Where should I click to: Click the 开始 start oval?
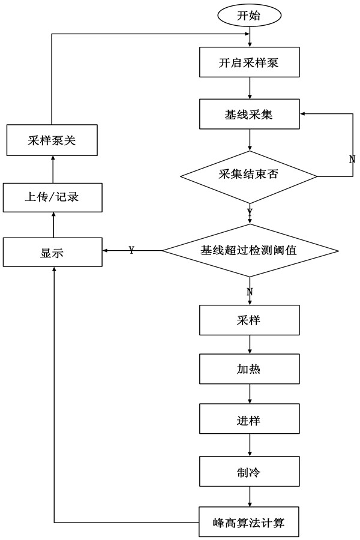[249, 15]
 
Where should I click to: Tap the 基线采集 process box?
[249, 114]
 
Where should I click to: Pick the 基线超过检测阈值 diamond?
[249, 251]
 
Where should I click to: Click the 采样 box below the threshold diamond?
[249, 320]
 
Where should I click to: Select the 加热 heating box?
[249, 370]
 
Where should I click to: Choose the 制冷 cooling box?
[249, 471]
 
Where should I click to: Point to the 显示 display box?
[52, 252]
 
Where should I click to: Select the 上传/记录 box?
[52, 197]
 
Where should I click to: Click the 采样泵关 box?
[52, 140]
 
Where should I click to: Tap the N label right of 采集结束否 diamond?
[352, 159]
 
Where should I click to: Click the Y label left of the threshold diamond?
[131, 250]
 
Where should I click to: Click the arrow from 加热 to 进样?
[249, 394]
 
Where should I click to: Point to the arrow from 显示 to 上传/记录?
[52, 224]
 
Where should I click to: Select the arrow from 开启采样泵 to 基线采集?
[249, 88]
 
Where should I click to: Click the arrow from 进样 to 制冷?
[249, 445]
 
